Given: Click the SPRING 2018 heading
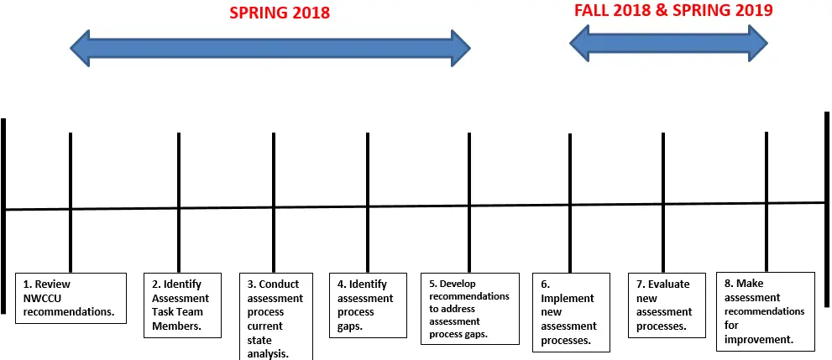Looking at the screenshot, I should coord(280,13).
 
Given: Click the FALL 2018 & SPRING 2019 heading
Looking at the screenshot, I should coord(673,11).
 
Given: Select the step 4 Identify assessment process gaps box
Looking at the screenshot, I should coord(369,305).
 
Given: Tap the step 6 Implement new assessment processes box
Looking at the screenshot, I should coord(570,311).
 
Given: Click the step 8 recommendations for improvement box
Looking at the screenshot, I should coord(765,310).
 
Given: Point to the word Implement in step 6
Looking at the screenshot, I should coord(568,299).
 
